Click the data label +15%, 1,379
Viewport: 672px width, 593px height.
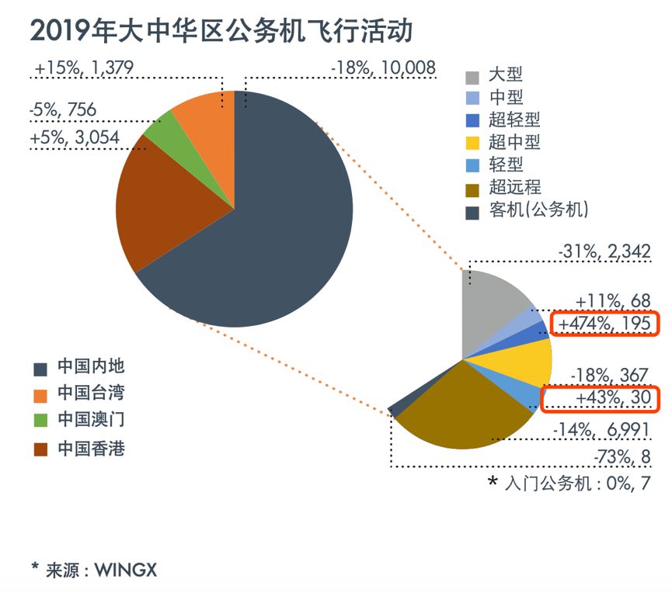click(x=85, y=68)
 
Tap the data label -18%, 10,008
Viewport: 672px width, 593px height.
click(x=382, y=68)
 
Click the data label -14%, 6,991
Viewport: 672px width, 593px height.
click(x=602, y=430)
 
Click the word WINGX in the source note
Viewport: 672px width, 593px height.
click(x=126, y=570)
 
